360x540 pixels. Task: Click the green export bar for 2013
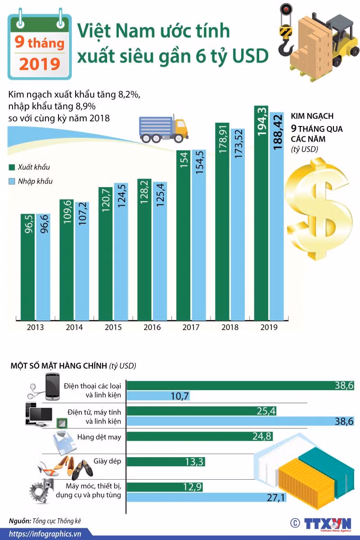pos(27,267)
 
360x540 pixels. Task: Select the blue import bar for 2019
pos(277,216)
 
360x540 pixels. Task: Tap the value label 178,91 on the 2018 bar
pos(223,139)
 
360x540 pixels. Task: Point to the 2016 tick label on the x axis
pos(152,327)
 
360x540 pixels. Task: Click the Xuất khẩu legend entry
pos(29,167)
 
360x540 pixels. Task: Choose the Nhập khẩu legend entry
pos(31,181)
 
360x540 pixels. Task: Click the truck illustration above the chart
pos(163,129)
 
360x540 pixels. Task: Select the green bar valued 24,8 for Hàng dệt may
pos(200,436)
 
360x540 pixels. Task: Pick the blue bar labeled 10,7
pos(158,396)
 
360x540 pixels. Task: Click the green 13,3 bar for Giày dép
pos(166,461)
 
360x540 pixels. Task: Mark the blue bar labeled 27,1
pos(207,497)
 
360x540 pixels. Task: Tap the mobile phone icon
pos(52,387)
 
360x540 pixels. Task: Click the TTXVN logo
pos(328,524)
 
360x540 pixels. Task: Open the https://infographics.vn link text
pos(45,534)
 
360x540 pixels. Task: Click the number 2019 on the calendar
pos(40,63)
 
